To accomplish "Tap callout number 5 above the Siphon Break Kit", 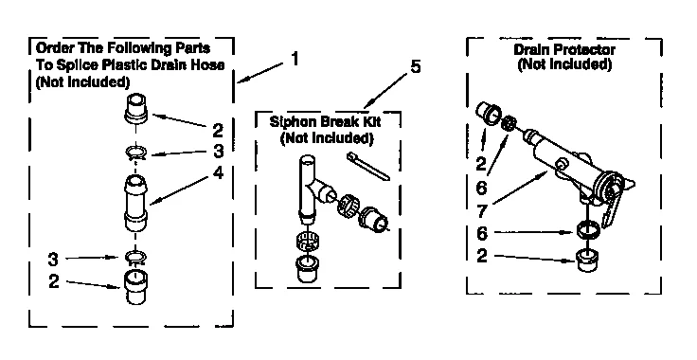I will click(x=415, y=67).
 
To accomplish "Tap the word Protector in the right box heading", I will click(x=581, y=50).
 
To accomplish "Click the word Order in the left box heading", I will click(x=54, y=50).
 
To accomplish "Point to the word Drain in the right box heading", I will click(x=533, y=50).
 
